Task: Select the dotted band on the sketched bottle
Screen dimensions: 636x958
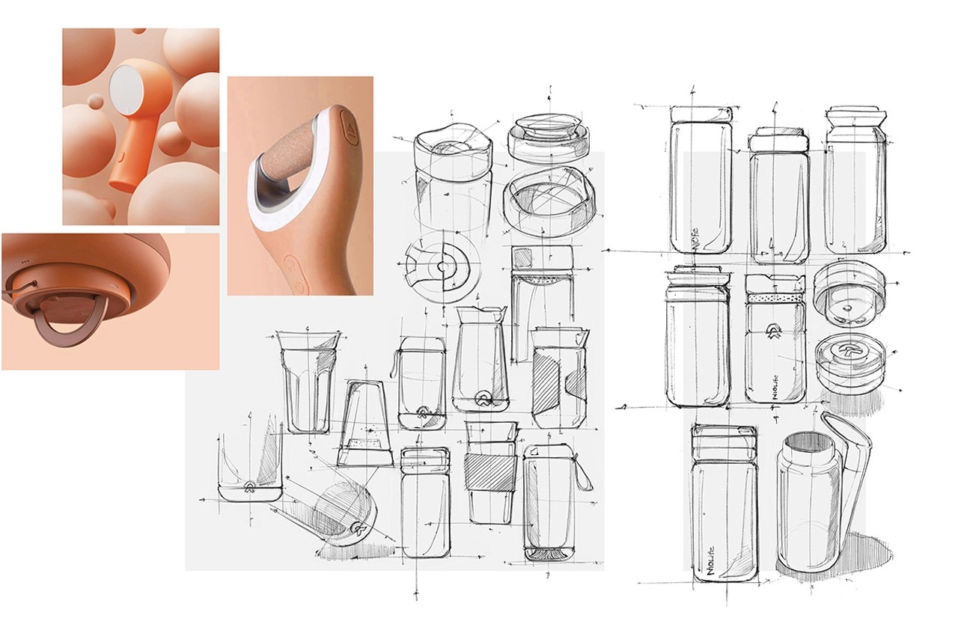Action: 775,298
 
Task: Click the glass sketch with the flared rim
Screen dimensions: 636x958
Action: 307,382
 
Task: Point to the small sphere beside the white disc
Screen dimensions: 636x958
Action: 96,100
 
